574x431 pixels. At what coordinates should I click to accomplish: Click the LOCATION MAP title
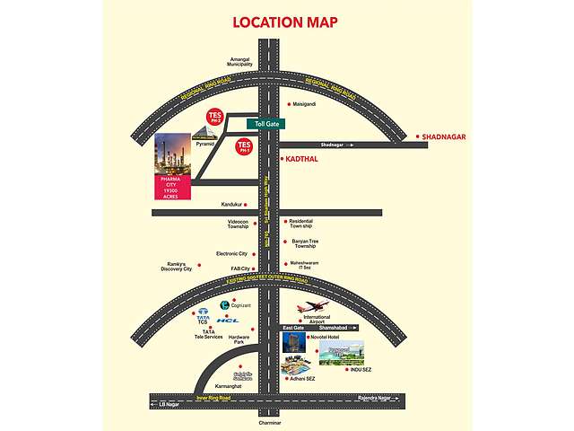pos(285,22)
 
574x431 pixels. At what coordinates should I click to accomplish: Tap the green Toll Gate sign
pos(267,124)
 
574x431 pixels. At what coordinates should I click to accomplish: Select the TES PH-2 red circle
pos(213,119)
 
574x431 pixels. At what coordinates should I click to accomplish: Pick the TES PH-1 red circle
pos(243,147)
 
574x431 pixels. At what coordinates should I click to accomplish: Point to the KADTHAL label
pos(301,159)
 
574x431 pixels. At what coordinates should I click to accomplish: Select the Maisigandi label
pos(298,103)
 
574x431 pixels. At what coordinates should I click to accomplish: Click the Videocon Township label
pos(237,224)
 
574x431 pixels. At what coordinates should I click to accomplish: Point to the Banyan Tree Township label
pos(305,243)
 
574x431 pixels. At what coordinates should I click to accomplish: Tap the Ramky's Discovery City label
pos(177,266)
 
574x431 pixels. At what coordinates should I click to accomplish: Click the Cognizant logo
pos(224,305)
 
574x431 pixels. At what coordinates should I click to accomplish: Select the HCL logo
pos(229,321)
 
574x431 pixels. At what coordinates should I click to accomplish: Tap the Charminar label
pos(269,422)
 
